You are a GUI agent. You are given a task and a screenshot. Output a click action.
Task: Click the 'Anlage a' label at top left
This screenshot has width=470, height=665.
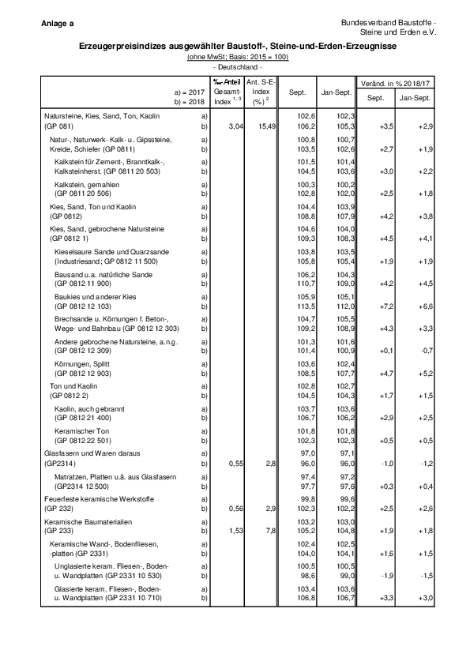58,24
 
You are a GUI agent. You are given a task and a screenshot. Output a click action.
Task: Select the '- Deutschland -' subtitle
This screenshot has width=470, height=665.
238,67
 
